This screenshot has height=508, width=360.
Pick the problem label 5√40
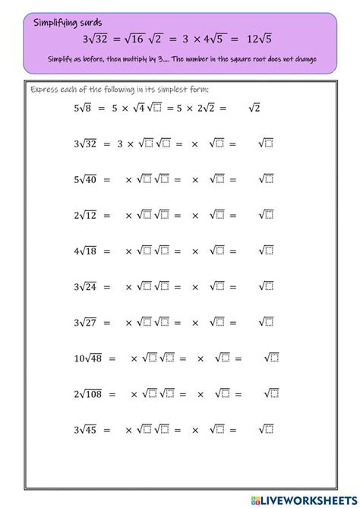coord(86,179)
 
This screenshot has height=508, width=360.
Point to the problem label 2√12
coord(86,215)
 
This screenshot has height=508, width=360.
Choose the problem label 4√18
coord(86,251)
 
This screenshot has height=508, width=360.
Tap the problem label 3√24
coord(86,286)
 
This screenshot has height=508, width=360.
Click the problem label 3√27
coord(86,322)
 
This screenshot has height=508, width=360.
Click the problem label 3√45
coord(86,429)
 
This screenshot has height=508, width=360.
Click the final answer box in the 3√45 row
coord(269,429)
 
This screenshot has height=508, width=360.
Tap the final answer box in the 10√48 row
coord(275,358)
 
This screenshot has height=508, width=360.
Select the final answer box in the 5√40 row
coord(269,179)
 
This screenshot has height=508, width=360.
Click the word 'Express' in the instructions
coord(44,90)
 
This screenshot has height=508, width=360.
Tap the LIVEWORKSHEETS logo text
coord(304,497)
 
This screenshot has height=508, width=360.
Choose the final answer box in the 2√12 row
coord(269,215)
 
